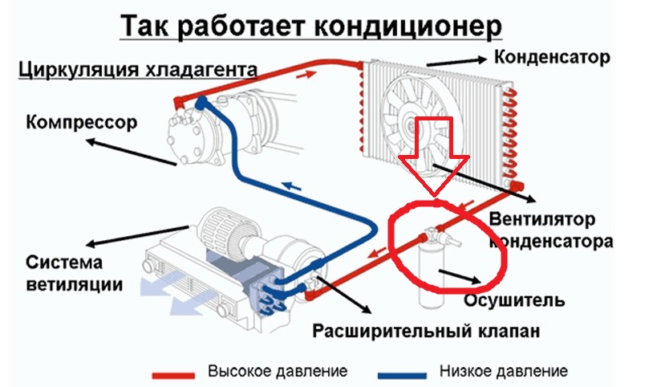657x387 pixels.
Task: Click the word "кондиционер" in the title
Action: pos(408,26)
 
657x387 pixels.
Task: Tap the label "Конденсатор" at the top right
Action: pos(552,58)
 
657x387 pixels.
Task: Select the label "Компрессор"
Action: pos(81,122)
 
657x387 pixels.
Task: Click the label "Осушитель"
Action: pos(514,300)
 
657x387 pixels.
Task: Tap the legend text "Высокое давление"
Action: pos(278,371)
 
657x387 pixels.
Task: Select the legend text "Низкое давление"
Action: pos(504,371)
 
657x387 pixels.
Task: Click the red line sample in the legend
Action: pos(173,375)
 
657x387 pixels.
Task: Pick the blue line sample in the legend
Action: pos(402,375)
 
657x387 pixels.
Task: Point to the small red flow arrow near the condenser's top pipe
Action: pos(306,75)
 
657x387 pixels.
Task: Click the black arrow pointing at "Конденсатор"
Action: pos(456,62)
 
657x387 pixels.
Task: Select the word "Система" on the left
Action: pos(64,263)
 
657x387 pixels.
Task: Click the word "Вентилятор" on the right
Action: pos(542,219)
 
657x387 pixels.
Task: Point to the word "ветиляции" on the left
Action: pos(74,285)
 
